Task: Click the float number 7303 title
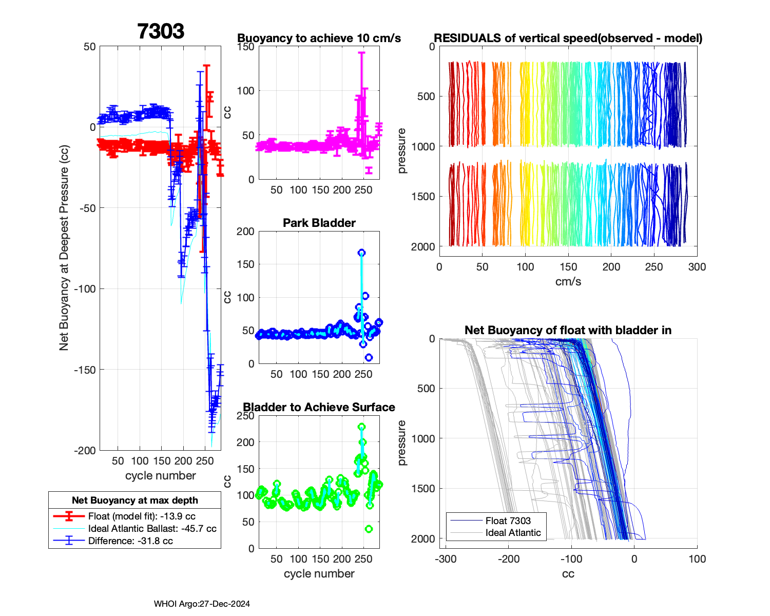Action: pyautogui.click(x=161, y=31)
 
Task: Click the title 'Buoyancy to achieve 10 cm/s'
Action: pyautogui.click(x=319, y=38)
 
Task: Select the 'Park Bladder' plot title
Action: pyautogui.click(x=319, y=223)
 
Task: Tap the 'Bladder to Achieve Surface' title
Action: pyautogui.click(x=319, y=407)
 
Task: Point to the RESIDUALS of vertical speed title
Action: pyautogui.click(x=568, y=38)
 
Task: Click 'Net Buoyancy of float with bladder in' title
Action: pyautogui.click(x=568, y=331)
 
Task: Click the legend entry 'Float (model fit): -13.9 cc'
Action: pyautogui.click(x=142, y=516)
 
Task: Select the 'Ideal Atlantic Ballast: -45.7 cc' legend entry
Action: pyautogui.click(x=152, y=529)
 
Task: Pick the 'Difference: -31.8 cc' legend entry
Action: pyautogui.click(x=130, y=541)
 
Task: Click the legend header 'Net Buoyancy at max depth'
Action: pyautogui.click(x=134, y=500)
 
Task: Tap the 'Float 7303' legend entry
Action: pyautogui.click(x=508, y=521)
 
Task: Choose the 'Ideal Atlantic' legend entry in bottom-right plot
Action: pyautogui.click(x=513, y=533)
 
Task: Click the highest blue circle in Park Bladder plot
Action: pyautogui.click(x=361, y=253)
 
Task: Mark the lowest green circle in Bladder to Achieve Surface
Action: pyautogui.click(x=369, y=529)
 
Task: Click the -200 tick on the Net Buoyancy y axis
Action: pyautogui.click(x=85, y=451)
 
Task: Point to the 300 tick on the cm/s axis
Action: pyautogui.click(x=697, y=267)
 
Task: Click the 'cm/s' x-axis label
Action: pyautogui.click(x=568, y=282)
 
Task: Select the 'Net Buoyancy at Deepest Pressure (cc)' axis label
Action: pyautogui.click(x=64, y=248)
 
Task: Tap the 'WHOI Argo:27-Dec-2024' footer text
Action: pyautogui.click(x=202, y=604)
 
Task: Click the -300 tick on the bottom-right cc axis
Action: pyautogui.click(x=446, y=559)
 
